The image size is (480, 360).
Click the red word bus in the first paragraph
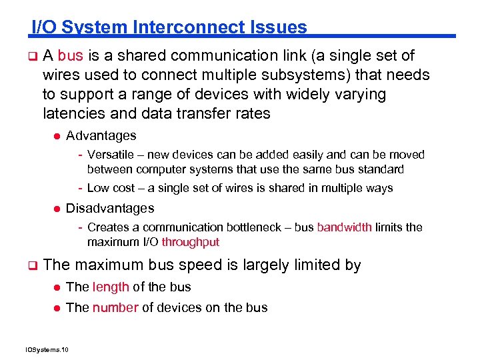click(71, 56)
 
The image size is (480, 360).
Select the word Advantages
click(101, 136)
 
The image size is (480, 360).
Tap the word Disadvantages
click(110, 208)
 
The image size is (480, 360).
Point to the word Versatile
click(110, 155)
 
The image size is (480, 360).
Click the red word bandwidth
click(344, 227)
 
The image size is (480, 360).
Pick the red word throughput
click(190, 242)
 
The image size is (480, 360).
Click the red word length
click(111, 287)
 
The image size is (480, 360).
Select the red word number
click(115, 308)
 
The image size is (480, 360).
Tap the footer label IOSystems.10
click(51, 349)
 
